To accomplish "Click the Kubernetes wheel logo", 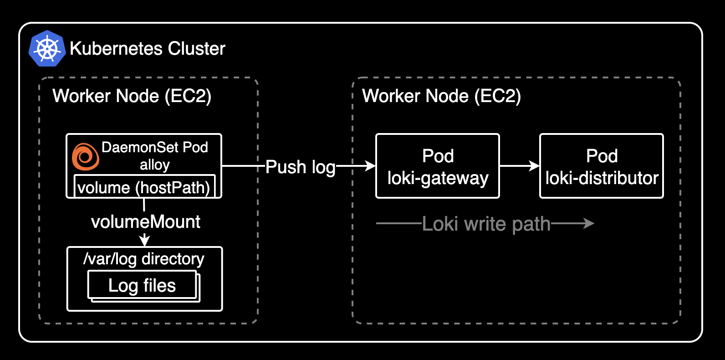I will click(47, 49).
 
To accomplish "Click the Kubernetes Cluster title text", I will click(148, 48).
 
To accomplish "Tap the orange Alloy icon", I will click(85, 157).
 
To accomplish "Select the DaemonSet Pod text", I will click(154, 147).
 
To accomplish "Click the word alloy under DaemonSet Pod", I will click(154, 165).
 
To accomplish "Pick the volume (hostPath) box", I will click(144, 187).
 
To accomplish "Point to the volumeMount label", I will click(145, 222).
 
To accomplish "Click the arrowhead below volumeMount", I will click(144, 241).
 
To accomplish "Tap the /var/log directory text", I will click(144, 259).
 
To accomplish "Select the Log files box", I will click(142, 285).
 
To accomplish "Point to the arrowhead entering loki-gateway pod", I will click(370, 166).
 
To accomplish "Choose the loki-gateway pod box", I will click(437, 166).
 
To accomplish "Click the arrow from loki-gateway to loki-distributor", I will click(519, 166).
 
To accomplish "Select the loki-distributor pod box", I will click(601, 166).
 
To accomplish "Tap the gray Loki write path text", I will click(486, 224).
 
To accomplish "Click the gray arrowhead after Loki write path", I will click(589, 223).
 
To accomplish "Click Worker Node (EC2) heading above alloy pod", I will click(132, 96).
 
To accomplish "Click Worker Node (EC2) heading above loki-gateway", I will click(441, 96).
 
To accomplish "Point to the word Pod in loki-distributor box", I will click(602, 156).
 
